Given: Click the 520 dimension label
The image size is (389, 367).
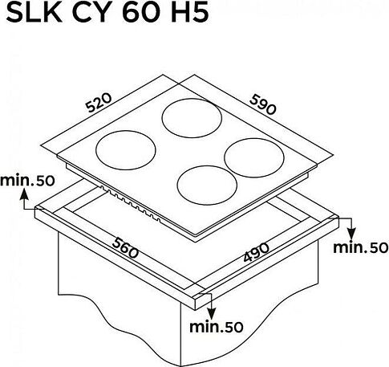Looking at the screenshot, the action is [99, 103].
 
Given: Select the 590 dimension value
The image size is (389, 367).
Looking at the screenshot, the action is [262, 104].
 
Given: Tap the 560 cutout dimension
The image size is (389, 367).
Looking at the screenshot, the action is [125, 248].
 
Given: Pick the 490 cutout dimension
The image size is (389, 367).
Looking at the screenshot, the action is [257, 252].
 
